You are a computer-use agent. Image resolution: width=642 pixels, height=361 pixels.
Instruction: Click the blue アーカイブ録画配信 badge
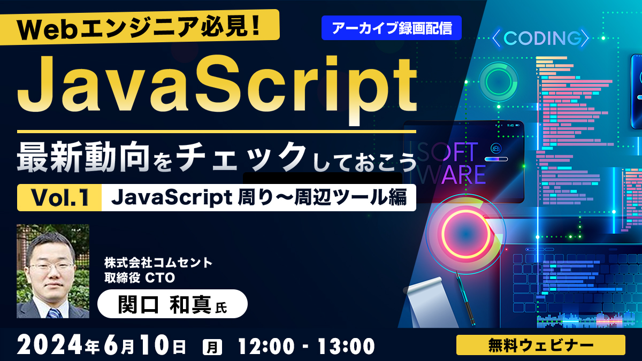click(391, 28)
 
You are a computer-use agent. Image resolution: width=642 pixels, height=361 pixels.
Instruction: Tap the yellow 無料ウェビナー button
click(540, 345)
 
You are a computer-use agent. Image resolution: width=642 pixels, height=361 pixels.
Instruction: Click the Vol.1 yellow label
click(59, 198)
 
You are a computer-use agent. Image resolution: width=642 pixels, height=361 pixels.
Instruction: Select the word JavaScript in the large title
click(217, 87)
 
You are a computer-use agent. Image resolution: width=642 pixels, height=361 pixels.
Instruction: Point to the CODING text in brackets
click(540, 38)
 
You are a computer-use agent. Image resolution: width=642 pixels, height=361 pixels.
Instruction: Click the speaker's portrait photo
click(53, 271)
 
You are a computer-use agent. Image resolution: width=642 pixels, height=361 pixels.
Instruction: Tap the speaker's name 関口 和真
click(165, 304)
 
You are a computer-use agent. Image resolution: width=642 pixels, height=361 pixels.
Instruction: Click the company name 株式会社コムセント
click(158, 263)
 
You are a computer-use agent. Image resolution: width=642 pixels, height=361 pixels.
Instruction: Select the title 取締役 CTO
click(140, 278)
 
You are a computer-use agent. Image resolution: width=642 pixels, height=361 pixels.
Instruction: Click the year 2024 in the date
click(50, 346)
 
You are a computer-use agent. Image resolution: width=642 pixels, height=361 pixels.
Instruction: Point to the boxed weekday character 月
click(212, 347)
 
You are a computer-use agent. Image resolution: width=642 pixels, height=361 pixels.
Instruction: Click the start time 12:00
click(266, 346)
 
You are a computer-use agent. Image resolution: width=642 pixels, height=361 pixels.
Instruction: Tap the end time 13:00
click(346, 346)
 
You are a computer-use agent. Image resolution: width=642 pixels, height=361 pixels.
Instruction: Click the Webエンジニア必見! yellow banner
click(140, 28)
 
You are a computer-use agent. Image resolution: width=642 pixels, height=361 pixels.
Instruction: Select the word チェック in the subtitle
click(241, 157)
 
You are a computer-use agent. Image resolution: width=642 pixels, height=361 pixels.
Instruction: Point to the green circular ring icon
click(499, 82)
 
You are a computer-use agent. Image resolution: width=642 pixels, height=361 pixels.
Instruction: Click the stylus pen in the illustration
click(465, 298)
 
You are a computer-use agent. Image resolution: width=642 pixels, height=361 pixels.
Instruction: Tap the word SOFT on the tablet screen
click(447, 152)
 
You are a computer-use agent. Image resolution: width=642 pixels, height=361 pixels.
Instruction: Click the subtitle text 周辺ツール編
click(350, 198)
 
